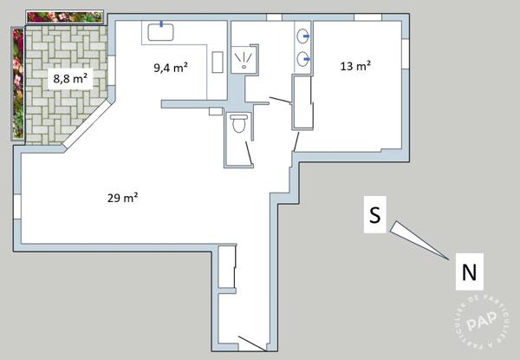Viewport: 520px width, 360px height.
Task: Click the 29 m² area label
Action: click(x=122, y=198)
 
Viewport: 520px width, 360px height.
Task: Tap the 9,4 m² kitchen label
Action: click(x=171, y=68)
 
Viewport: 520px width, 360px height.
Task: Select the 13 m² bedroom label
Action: click(x=355, y=66)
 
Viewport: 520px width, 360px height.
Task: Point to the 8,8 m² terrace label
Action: click(x=70, y=79)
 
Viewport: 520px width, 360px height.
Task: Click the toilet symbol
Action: click(x=239, y=123)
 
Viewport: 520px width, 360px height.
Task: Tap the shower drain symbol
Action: click(x=244, y=67)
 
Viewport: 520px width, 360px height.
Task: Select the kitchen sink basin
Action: click(x=161, y=32)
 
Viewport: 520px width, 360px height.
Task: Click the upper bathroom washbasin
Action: click(x=303, y=36)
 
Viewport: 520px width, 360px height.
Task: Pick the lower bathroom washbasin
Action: click(x=303, y=59)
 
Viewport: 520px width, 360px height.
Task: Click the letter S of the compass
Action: click(x=375, y=214)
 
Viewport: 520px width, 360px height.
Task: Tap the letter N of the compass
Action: click(x=469, y=272)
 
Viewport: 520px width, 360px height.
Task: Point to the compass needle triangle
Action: click(x=419, y=240)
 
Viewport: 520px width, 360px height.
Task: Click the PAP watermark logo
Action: click(x=482, y=319)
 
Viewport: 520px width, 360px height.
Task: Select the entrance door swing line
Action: click(x=252, y=344)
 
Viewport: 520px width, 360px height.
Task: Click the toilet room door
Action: click(x=249, y=153)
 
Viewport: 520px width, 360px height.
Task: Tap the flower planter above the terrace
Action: click(x=65, y=17)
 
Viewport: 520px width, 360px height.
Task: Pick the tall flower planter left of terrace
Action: click(x=18, y=83)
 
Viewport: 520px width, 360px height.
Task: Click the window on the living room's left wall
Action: click(x=17, y=206)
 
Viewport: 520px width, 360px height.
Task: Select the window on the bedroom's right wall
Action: click(x=406, y=54)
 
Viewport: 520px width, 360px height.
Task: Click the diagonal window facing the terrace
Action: click(x=87, y=123)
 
